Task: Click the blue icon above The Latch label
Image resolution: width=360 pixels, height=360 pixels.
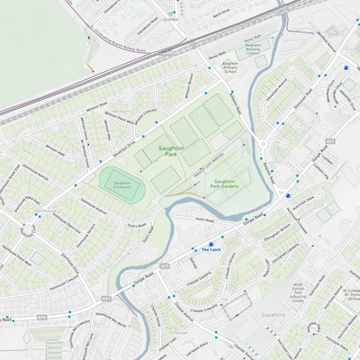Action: pos(211,243)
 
